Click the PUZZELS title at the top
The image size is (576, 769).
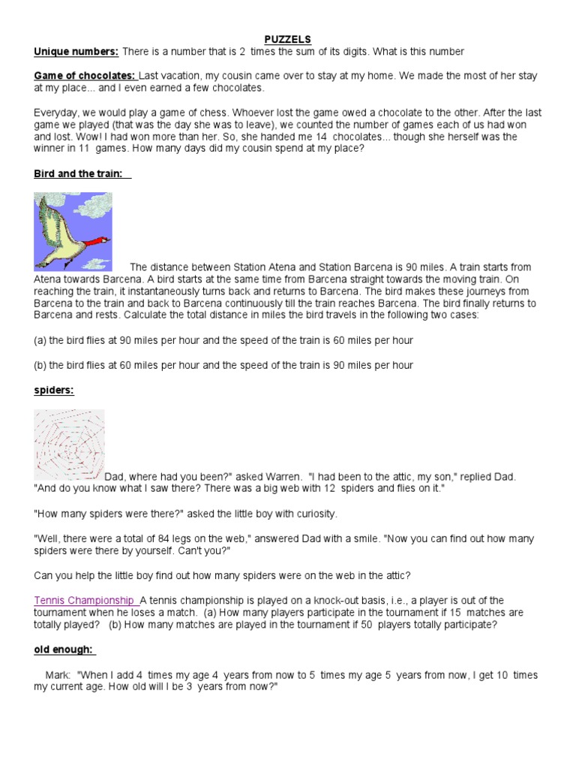click(x=288, y=39)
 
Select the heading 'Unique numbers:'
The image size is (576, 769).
click(x=76, y=52)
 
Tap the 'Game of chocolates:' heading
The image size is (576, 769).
click(x=85, y=77)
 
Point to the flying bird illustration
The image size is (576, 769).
click(x=73, y=231)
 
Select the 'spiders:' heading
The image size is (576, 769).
click(x=54, y=391)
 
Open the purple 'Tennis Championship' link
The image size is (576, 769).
click(x=85, y=600)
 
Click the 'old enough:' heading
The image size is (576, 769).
click(x=64, y=650)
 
